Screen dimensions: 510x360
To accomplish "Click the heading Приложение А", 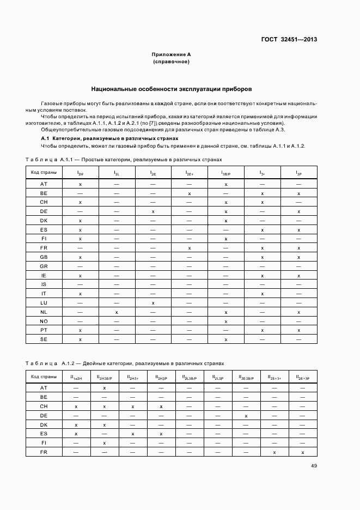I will (x=171, y=54).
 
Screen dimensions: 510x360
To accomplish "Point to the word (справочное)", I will (x=171, y=62).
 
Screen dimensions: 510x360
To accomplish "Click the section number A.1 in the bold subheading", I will (x=45, y=138).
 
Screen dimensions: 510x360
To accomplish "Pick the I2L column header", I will (x=117, y=173).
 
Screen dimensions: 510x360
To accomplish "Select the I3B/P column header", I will (x=226, y=173).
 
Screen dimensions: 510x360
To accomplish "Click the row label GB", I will (x=44, y=257).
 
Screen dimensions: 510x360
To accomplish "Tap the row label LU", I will (x=44, y=302).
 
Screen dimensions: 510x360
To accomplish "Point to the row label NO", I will (x=44, y=321).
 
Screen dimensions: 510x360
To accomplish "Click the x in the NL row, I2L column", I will (x=117, y=312).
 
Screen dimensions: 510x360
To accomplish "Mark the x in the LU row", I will (x=153, y=302).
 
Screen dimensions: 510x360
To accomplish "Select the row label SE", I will (x=44, y=339).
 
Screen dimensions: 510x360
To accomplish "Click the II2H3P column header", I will (x=161, y=377).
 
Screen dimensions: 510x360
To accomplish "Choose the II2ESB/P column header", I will (x=246, y=377).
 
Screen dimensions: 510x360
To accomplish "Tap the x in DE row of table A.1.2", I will (x=246, y=416).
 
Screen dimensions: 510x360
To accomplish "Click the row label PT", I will (x=44, y=330).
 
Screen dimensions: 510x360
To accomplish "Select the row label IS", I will (x=44, y=284).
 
